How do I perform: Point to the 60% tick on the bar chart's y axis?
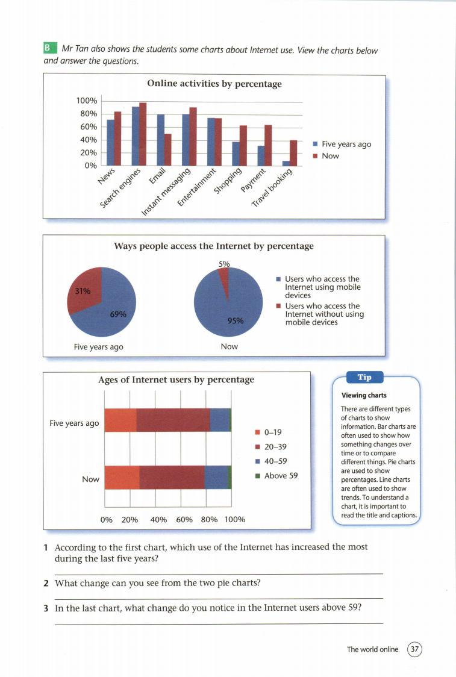[88, 127]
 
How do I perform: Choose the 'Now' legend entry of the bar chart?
[330, 156]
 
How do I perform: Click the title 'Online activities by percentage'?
[214, 84]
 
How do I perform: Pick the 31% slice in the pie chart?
[83, 290]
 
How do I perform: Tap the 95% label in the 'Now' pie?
[236, 320]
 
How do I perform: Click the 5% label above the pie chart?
[224, 263]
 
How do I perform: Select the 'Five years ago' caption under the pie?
[99, 346]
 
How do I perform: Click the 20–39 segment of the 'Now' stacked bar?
[172, 478]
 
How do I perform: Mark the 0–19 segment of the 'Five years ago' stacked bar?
[120, 420]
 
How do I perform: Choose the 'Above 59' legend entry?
[280, 476]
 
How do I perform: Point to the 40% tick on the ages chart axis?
[158, 519]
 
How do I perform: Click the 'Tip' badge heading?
[364, 378]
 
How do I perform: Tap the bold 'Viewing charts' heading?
[363, 396]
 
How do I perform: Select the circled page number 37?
[415, 649]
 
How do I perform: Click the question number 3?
[46, 608]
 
